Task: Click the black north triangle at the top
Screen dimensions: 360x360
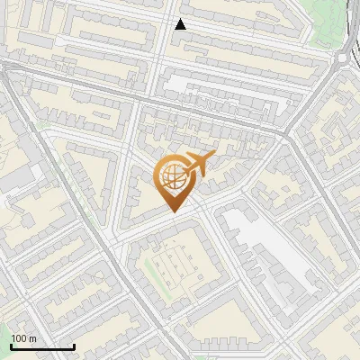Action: click(181, 24)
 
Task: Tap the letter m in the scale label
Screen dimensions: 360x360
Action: click(33, 338)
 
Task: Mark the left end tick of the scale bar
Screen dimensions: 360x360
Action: click(11, 346)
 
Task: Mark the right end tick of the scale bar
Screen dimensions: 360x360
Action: click(73, 346)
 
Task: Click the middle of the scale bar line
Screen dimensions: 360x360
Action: click(42, 346)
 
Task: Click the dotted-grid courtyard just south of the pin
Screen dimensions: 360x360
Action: click(178, 265)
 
